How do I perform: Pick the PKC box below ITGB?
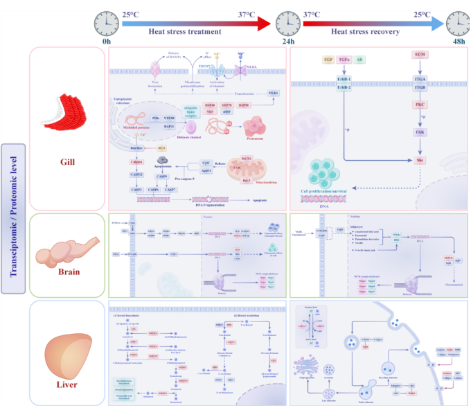[x=419, y=104]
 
